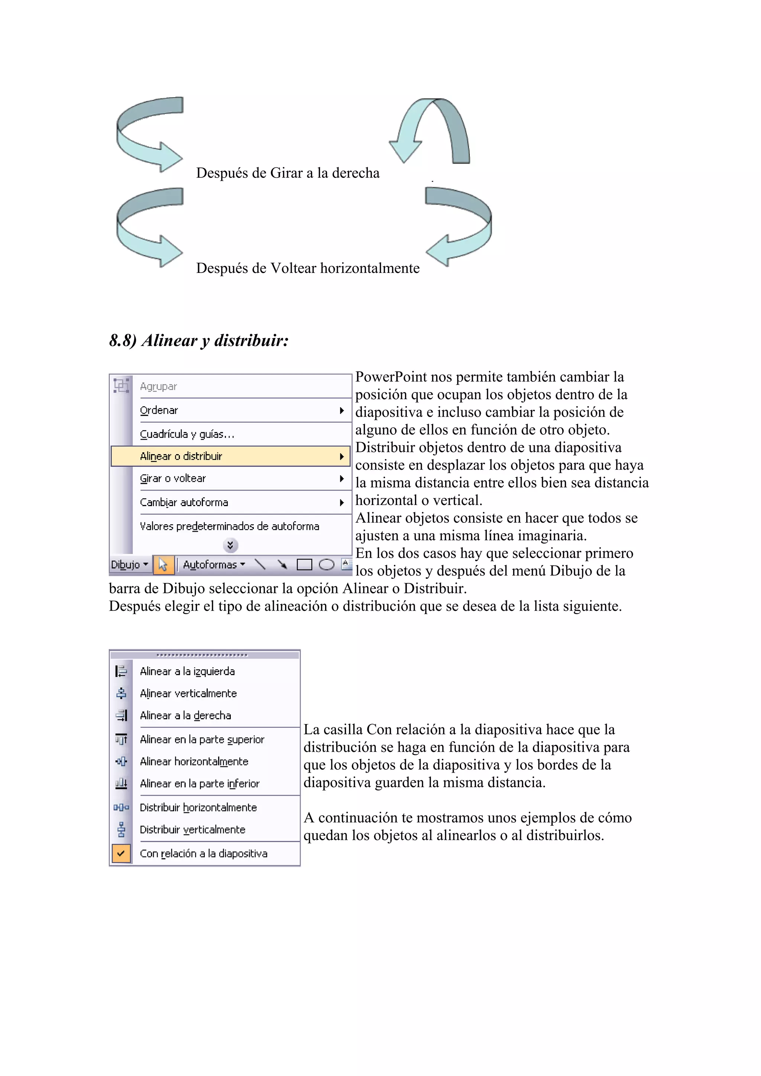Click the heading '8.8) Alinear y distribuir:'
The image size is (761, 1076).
click(199, 340)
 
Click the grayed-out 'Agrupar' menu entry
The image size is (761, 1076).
click(159, 387)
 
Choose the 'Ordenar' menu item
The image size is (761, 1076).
click(159, 411)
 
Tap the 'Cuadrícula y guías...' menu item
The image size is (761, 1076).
click(187, 434)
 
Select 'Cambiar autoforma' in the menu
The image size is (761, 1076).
click(184, 502)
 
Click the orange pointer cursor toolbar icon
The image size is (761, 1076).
click(163, 565)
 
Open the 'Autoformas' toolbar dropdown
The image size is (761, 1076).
click(214, 565)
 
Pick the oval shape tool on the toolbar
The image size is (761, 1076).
click(326, 565)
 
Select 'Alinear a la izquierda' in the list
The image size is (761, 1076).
click(187, 671)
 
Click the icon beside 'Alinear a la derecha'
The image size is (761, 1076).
click(121, 715)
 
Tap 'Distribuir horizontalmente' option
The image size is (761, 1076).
click(198, 808)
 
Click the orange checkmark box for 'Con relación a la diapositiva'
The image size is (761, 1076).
click(121, 853)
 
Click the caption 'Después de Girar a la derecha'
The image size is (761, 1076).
click(288, 173)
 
